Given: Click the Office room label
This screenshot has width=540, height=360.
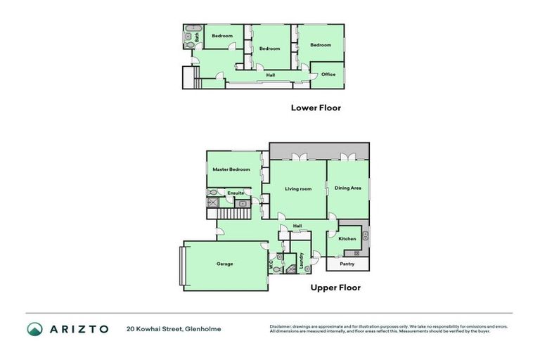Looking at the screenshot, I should point(328,74).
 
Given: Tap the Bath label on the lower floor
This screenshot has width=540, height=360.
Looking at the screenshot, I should point(197,36).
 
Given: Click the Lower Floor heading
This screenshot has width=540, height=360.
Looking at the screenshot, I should point(316,108).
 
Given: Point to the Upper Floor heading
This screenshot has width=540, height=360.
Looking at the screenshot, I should point(335,288).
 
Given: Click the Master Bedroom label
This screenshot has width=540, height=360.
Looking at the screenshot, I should point(231,169).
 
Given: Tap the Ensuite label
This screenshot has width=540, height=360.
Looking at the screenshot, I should point(236,193).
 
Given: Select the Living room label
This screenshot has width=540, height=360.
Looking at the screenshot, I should point(298,188).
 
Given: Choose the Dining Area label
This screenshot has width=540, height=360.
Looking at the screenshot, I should point(347,188).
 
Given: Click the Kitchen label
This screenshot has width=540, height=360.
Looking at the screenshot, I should point(347,239).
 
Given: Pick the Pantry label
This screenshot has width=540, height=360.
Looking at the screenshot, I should point(347,264).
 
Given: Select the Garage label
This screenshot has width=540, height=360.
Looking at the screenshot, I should point(224,264).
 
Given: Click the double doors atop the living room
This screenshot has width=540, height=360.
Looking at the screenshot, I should point(299,157).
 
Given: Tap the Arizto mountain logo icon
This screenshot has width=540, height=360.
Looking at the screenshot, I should point(35,328).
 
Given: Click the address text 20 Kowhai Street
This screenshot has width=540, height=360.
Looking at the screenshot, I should point(155,328).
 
